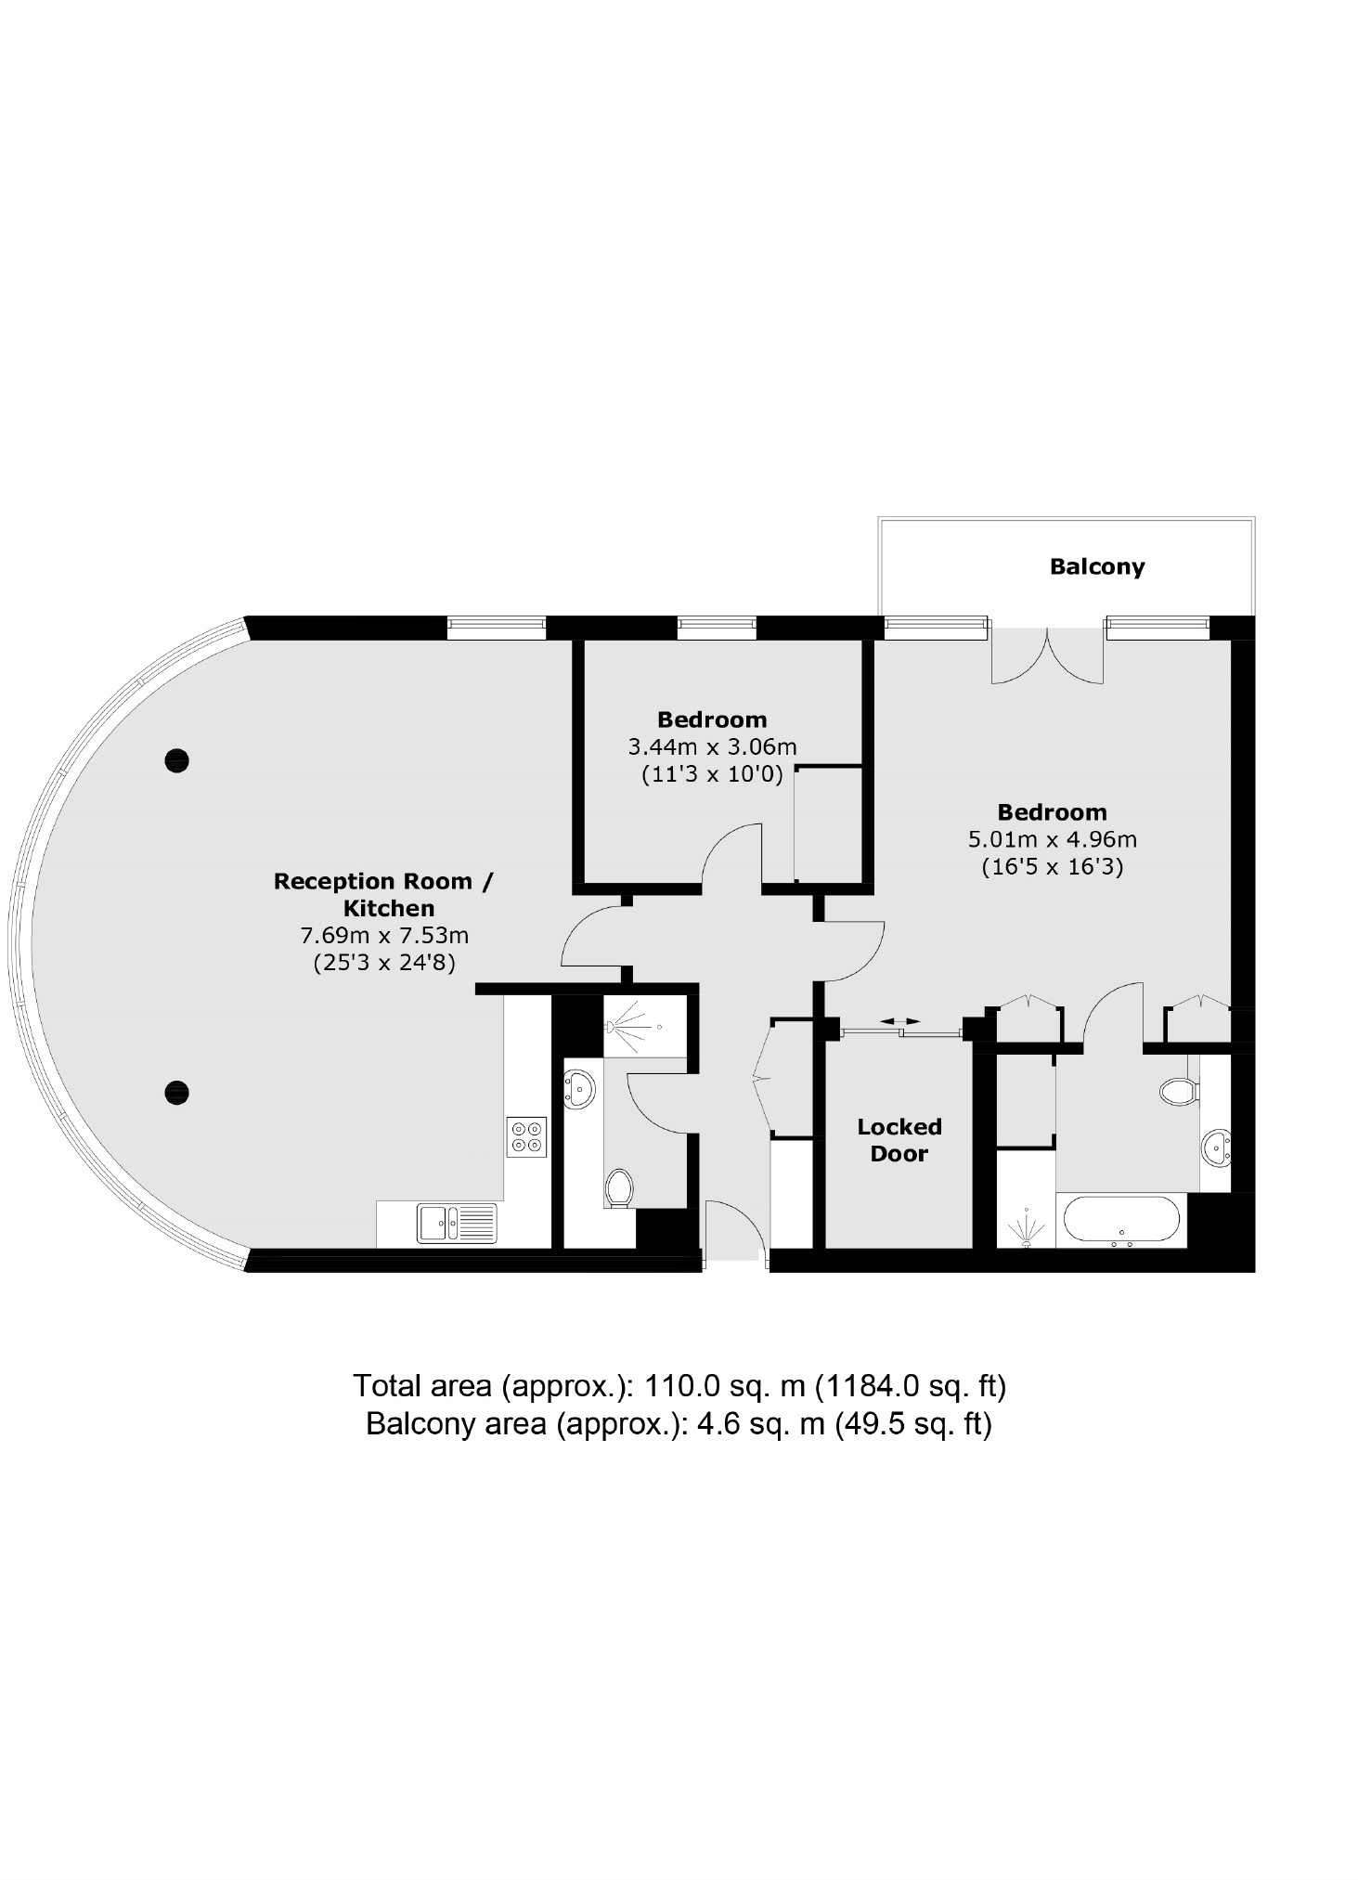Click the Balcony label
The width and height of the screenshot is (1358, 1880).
(x=1096, y=566)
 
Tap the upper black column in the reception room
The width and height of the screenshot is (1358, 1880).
(x=176, y=760)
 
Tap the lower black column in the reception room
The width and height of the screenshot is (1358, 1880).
(x=176, y=1092)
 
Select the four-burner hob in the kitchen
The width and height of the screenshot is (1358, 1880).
(x=526, y=1136)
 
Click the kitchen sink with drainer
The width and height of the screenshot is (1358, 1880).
(x=456, y=1222)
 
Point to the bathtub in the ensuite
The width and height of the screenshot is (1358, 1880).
(x=1121, y=1219)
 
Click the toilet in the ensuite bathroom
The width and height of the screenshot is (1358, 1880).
(x=1178, y=1091)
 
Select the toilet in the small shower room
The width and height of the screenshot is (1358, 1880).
(x=618, y=1187)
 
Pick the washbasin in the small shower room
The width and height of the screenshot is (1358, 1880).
(x=580, y=1087)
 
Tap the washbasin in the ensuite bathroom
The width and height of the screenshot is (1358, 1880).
(x=1215, y=1147)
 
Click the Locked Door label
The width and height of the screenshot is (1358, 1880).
(x=899, y=1140)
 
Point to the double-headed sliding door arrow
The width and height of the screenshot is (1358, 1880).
(x=899, y=1021)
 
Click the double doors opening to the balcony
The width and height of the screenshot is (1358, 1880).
(x=1047, y=656)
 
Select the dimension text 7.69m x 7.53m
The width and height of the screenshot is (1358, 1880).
(x=383, y=935)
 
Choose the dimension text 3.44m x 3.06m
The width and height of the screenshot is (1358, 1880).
(x=712, y=746)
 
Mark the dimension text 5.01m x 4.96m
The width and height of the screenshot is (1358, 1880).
(x=1052, y=839)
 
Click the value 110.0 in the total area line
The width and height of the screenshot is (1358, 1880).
(x=681, y=1386)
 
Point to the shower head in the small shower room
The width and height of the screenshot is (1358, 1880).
(x=613, y=1027)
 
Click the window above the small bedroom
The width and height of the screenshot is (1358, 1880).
(x=716, y=628)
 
